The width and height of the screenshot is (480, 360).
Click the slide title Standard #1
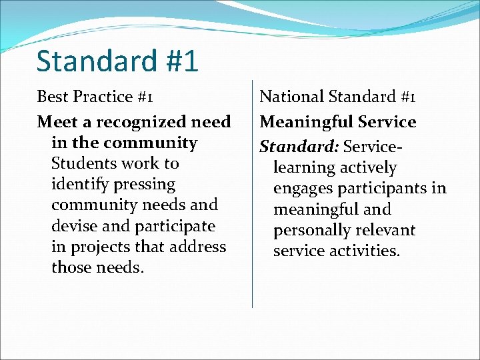coord(117,61)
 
